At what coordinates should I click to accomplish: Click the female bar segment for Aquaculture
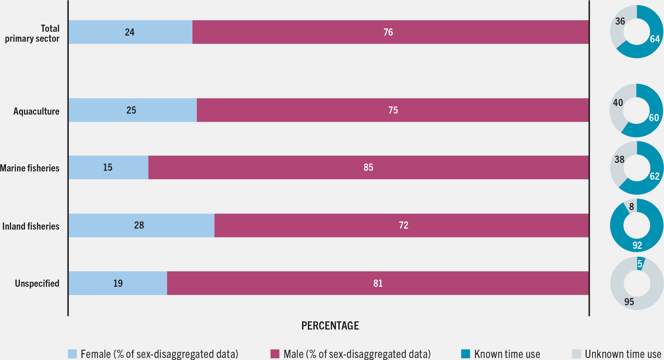coord(103,110)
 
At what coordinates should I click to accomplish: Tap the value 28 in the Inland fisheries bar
coord(139,225)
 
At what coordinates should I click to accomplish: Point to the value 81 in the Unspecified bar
coord(378,283)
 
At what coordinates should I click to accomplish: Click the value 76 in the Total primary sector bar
coord(388,32)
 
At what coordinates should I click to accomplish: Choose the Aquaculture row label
coord(36,111)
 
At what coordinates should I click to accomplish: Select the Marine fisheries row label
coord(30,168)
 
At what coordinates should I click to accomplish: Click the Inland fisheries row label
coord(31,226)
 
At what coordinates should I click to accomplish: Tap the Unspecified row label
coord(37,283)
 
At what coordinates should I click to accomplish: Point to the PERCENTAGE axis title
coord(330,325)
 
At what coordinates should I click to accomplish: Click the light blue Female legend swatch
coord(72,354)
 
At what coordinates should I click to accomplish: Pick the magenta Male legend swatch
coord(275,354)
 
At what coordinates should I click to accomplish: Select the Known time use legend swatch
coord(465,354)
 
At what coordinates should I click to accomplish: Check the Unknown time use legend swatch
coord(576,354)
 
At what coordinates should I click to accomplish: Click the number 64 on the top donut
coord(654,39)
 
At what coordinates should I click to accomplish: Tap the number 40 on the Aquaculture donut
coord(618,103)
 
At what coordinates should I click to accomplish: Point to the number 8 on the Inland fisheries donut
coord(631,207)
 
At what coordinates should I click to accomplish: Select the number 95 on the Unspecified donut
coord(629,302)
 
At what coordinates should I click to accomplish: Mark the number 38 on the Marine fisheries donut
coord(619,159)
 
